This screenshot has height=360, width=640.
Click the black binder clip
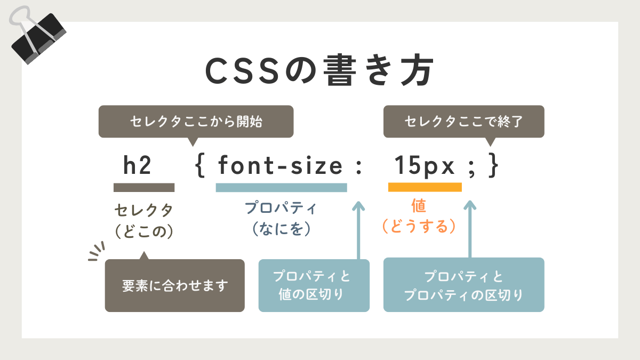click(38, 37)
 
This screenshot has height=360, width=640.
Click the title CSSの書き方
click(319, 70)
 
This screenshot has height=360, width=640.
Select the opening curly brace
click(200, 166)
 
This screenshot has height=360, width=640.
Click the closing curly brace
click(493, 165)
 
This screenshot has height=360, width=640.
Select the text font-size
click(281, 165)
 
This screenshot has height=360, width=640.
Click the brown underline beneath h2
click(144, 187)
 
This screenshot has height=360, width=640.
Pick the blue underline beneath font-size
click(282, 188)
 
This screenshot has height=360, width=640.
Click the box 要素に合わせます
click(174, 285)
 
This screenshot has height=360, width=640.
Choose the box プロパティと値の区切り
click(314, 285)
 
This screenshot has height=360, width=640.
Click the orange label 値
click(419, 206)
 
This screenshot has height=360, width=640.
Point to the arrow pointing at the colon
click(358, 230)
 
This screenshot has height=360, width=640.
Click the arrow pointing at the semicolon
click(470, 229)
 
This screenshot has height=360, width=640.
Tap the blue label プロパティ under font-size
click(281, 207)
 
